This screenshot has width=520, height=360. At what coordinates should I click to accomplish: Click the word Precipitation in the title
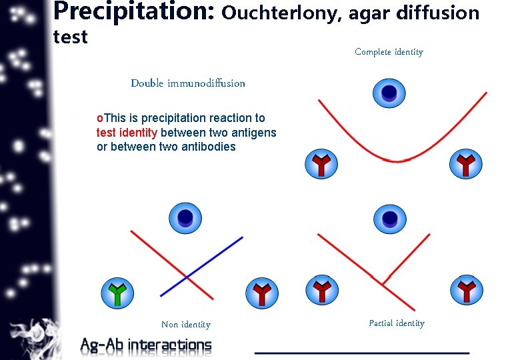(133, 12)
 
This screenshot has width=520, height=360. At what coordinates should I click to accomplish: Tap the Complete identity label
(389, 52)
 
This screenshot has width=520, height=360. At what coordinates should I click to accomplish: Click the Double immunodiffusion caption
(188, 83)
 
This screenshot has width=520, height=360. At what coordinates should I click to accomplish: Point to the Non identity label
(185, 325)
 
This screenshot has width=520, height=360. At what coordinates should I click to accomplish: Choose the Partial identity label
(396, 323)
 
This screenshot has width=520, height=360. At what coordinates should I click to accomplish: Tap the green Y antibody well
(117, 293)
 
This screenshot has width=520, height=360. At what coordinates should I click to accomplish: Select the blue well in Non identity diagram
(185, 218)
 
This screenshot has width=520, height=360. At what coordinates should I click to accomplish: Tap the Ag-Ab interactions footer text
(145, 345)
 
